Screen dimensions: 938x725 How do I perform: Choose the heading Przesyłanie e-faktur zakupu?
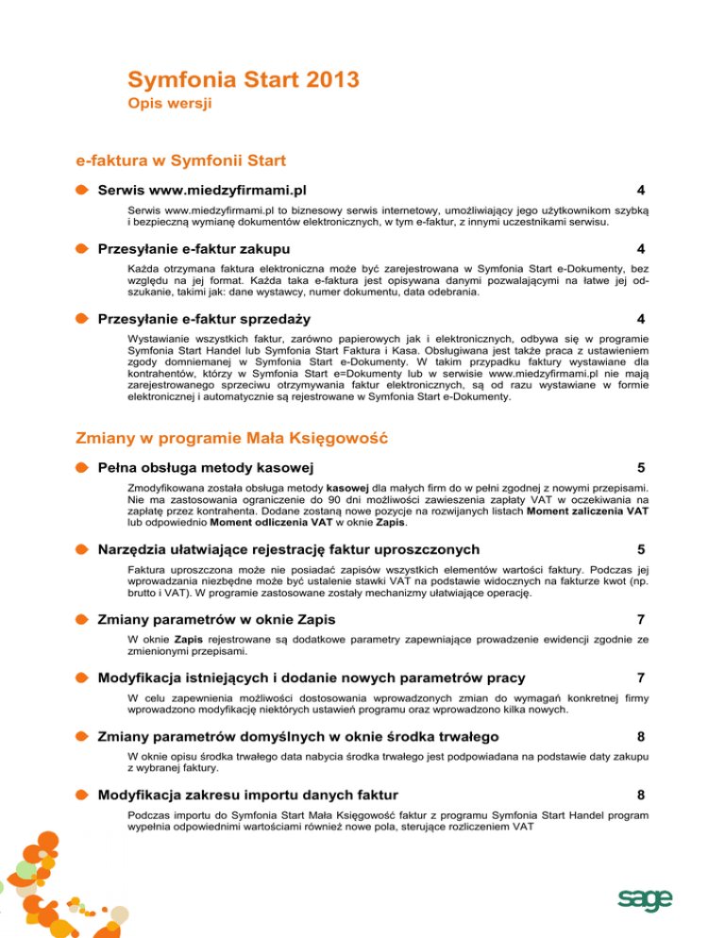pyautogui.click(x=194, y=249)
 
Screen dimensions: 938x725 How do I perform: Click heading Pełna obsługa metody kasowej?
pyautogui.click(x=207, y=467)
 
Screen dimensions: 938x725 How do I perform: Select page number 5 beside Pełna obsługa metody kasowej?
pyautogui.click(x=641, y=467)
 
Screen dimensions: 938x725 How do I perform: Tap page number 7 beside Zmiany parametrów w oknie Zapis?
pyautogui.click(x=641, y=619)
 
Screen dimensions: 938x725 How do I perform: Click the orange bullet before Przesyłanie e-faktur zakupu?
pyautogui.click(x=84, y=249)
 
